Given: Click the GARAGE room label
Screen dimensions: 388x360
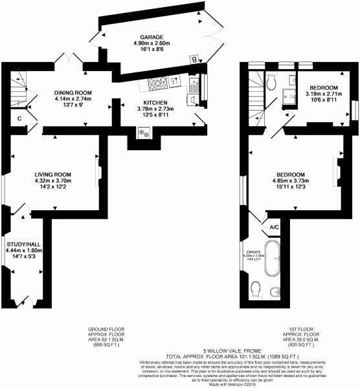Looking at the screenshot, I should click(149, 38).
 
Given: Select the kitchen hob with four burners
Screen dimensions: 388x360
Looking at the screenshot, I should click(155, 83).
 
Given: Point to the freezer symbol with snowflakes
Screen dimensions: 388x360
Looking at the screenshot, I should click(144, 133).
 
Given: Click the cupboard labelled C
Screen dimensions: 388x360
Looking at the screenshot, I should click(19, 118).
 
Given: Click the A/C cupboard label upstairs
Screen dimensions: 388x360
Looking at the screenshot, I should click(274, 227).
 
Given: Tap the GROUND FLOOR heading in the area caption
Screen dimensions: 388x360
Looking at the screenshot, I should click(104, 329).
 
